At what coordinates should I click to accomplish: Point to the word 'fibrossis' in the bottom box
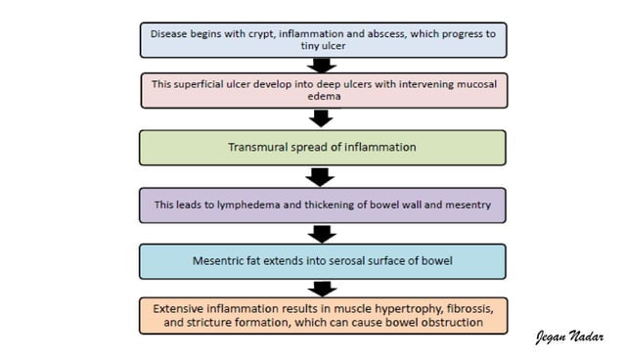[x=450, y=307]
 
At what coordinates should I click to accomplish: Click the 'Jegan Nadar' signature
[x=570, y=337]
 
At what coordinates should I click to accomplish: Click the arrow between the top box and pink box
[x=322, y=65]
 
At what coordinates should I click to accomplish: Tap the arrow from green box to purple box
[x=322, y=176]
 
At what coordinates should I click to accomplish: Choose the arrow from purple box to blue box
[x=322, y=234]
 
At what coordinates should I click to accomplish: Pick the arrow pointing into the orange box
[x=322, y=289]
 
